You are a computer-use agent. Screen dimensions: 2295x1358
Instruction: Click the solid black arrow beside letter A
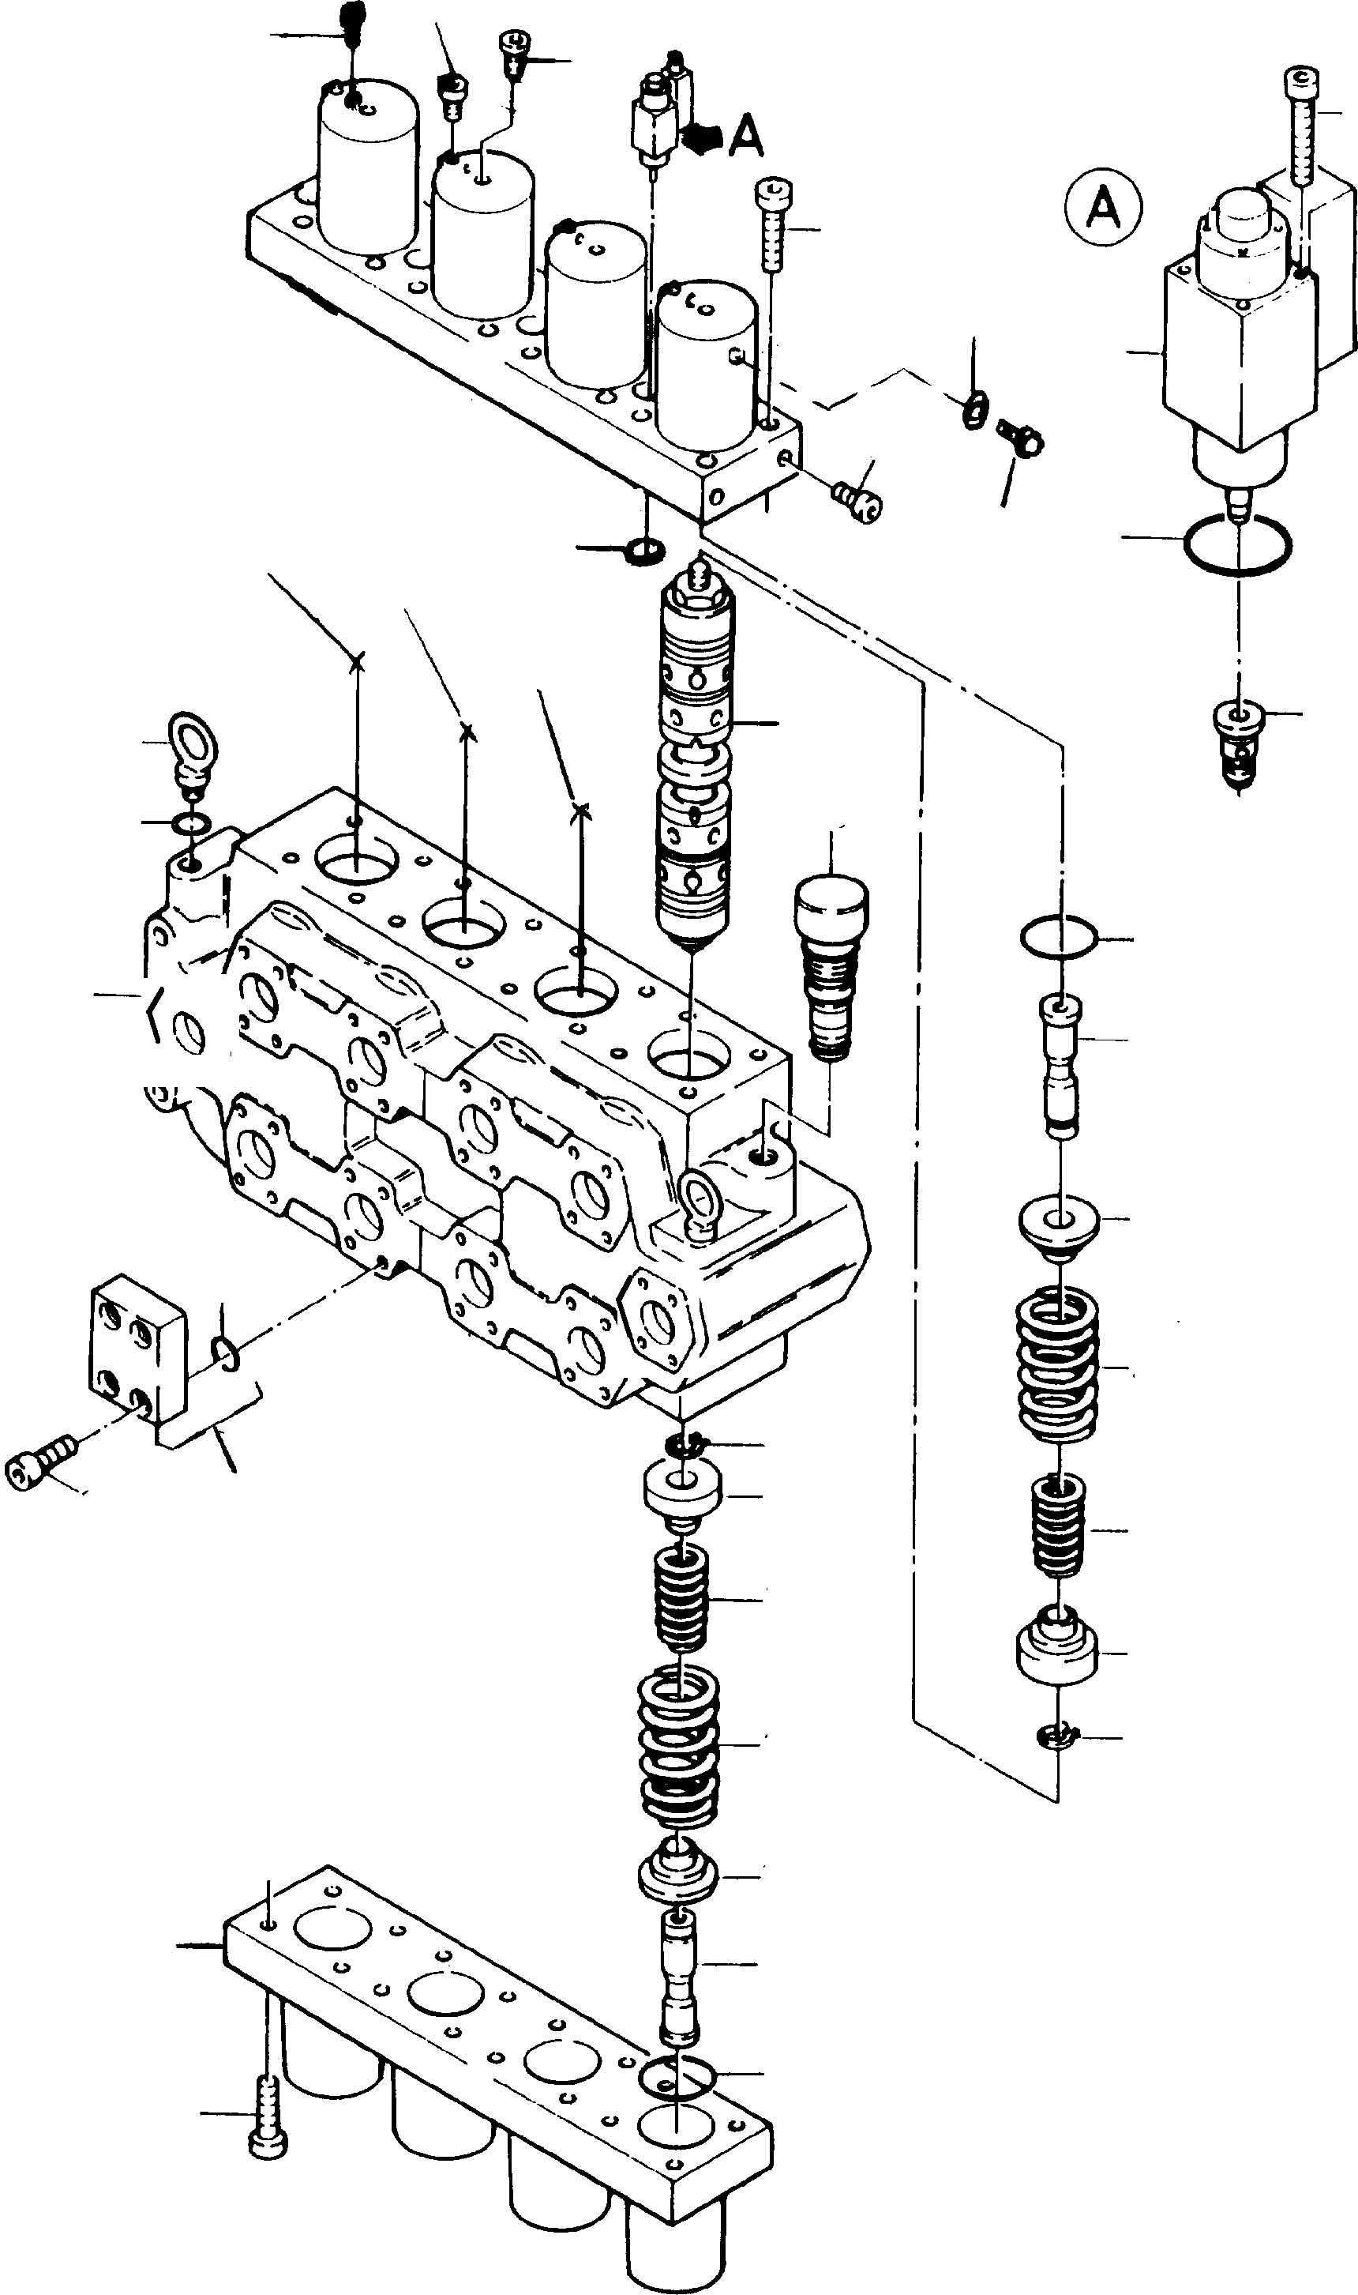tap(702, 137)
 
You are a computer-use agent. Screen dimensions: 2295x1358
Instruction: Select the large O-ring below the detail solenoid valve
tap(1237, 546)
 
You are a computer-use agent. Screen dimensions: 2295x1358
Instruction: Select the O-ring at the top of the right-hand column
tap(1057, 939)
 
